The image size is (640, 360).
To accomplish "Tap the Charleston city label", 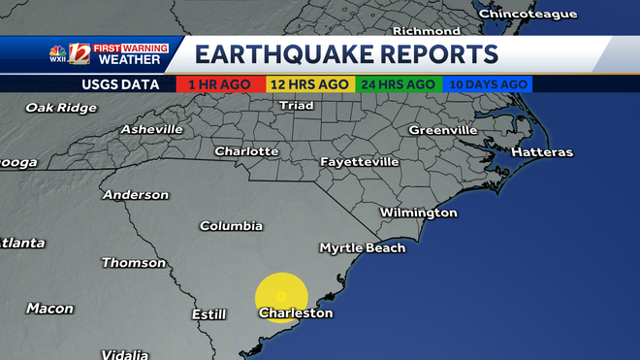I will pyautogui.click(x=296, y=313).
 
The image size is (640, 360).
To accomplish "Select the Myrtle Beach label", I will pyautogui.click(x=363, y=247).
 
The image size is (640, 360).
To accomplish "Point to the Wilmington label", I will pyautogui.click(x=418, y=213).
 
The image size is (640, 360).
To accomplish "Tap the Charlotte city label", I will pyautogui.click(x=246, y=151).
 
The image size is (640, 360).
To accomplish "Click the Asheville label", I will pyautogui.click(x=151, y=129).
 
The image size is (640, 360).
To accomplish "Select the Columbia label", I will pyautogui.click(x=231, y=226).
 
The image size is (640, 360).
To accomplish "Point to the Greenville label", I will pyautogui.click(x=442, y=129).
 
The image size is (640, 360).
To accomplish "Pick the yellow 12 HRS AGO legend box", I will pyautogui.click(x=310, y=84).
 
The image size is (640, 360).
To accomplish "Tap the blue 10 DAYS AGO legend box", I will pyautogui.click(x=487, y=84).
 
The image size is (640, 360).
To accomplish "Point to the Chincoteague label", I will pyautogui.click(x=528, y=15).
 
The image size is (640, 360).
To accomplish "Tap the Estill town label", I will pyautogui.click(x=208, y=314).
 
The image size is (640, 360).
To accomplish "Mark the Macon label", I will pyautogui.click(x=49, y=309).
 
